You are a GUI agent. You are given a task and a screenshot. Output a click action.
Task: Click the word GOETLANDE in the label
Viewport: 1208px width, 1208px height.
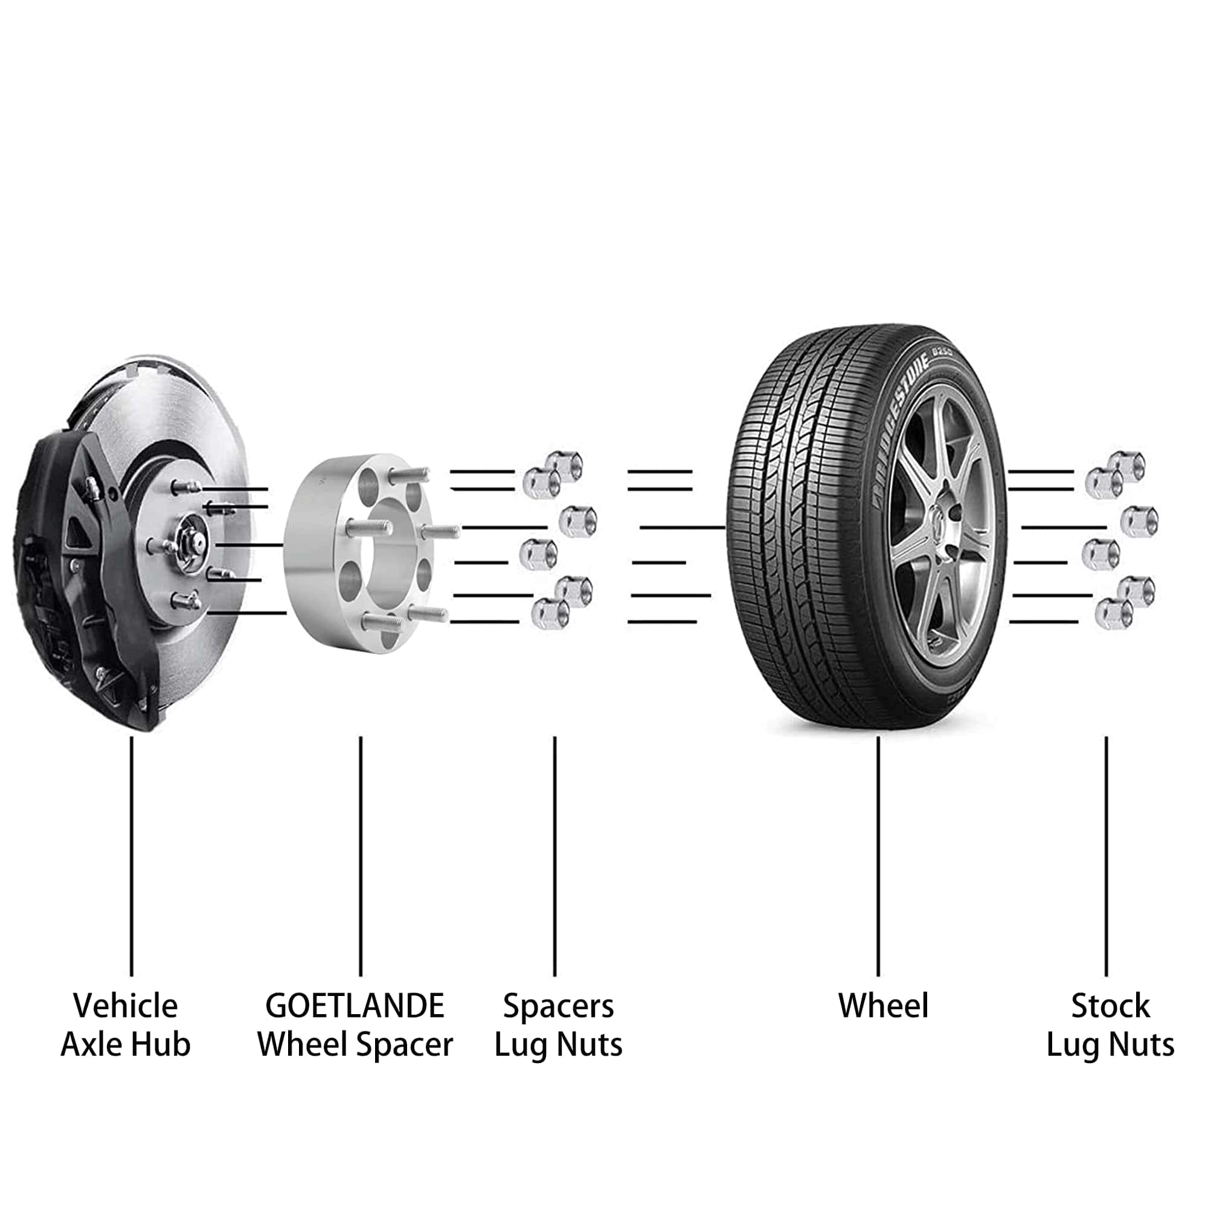point(355,1006)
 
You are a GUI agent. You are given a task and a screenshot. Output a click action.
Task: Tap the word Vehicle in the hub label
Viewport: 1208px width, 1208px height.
point(126,1006)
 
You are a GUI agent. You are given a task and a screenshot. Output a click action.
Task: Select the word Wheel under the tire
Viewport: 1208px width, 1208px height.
point(883,1006)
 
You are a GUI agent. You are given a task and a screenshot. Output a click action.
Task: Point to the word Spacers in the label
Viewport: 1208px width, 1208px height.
point(558,1006)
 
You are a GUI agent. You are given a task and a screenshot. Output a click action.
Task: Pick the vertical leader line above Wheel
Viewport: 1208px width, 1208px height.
point(878,856)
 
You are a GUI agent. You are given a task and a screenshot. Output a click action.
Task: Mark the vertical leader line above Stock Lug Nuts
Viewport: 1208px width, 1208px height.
point(1106,856)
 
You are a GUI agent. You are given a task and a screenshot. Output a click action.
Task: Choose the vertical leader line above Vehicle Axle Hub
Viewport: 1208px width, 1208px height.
point(131,856)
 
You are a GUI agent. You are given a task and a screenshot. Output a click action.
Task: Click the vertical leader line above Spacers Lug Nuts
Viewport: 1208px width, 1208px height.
point(554,856)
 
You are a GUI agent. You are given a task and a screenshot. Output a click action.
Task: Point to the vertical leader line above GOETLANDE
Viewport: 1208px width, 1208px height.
point(361,856)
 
